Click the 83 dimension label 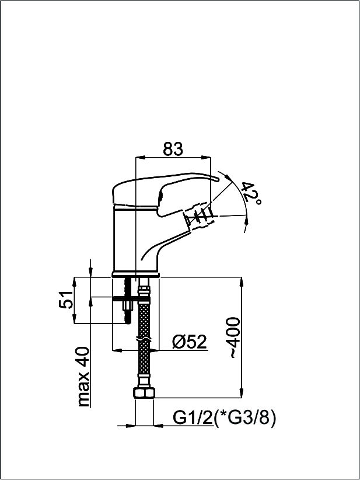[173, 149]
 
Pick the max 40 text [83, 377]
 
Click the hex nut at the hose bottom [144, 392]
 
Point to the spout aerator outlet [199, 217]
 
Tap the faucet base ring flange [136, 274]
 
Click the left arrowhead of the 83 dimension [139, 158]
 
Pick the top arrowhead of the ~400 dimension [242, 282]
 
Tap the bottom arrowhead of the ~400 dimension [242, 393]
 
